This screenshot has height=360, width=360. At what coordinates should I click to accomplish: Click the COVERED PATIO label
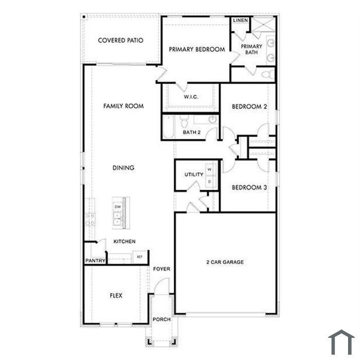pyautogui.click(x=120, y=41)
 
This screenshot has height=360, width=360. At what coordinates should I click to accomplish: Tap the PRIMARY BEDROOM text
pyautogui.click(x=197, y=49)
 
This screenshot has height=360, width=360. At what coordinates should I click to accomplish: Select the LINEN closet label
pyautogui.click(x=240, y=21)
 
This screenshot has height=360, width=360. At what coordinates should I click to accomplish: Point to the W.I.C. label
pyautogui.click(x=191, y=97)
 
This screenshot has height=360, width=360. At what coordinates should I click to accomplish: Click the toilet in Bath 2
pyautogui.click(x=184, y=121)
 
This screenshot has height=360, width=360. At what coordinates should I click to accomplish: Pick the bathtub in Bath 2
pyautogui.click(x=168, y=127)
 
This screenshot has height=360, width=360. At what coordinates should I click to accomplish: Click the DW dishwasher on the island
pyautogui.click(x=118, y=207)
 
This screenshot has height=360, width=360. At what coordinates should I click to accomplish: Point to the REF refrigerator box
pyautogui.click(x=139, y=257)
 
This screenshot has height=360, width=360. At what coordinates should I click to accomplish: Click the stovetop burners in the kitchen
pyautogui.click(x=90, y=220)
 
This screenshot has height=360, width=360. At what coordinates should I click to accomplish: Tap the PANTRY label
pyautogui.click(x=95, y=261)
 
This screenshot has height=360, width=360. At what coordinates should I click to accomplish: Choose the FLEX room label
pyautogui.click(x=116, y=296)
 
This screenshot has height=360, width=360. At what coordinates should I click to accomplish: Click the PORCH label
pyautogui.click(x=161, y=319)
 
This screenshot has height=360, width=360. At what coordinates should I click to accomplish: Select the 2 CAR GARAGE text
pyautogui.click(x=225, y=262)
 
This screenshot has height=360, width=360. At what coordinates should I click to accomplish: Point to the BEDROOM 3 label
pyautogui.click(x=249, y=188)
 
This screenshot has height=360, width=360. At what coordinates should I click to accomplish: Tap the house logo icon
pyautogui.click(x=341, y=342)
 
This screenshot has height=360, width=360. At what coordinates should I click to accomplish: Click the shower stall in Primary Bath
pyautogui.click(x=263, y=24)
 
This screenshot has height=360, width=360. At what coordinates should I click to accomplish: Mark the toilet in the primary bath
pyautogui.click(x=268, y=75)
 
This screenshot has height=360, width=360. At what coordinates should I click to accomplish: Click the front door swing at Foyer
pyautogui.click(x=162, y=286)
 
